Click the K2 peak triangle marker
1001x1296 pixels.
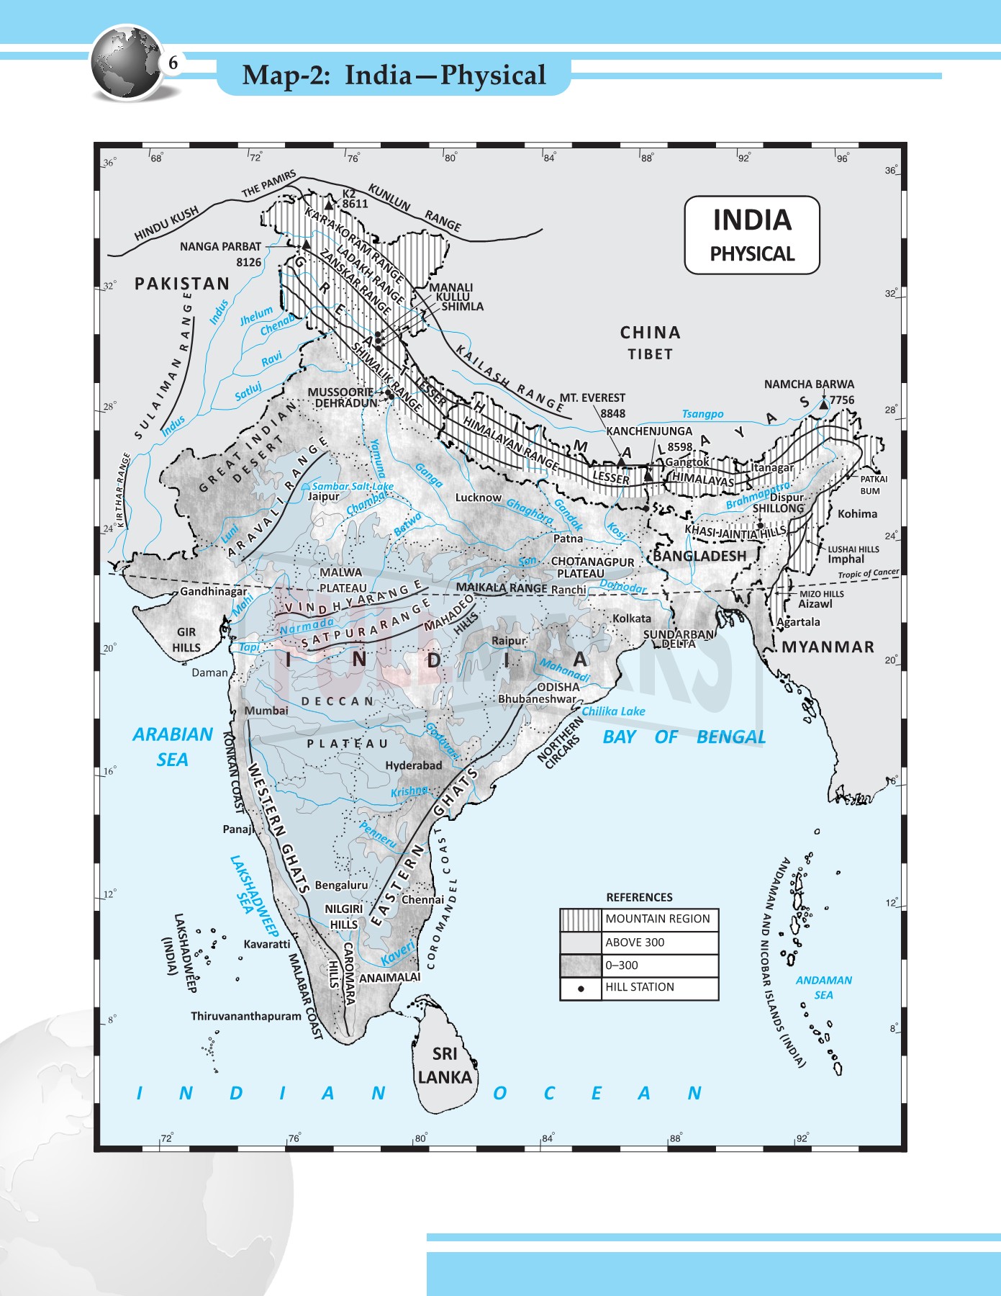tap(330, 204)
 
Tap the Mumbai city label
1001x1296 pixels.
tap(266, 711)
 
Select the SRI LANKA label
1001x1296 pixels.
tap(445, 1066)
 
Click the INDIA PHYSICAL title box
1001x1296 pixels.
tap(751, 235)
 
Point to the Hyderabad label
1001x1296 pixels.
tap(413, 765)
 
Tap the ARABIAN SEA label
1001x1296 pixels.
tap(173, 747)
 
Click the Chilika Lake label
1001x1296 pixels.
tap(613, 711)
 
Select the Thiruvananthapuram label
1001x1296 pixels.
tap(246, 1016)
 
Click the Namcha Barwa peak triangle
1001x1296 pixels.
tap(823, 405)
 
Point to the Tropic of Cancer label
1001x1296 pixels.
tap(868, 574)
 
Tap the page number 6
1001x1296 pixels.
tap(173, 63)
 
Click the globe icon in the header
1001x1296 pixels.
tap(127, 63)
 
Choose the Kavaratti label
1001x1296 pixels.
tap(267, 944)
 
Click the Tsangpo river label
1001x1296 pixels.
tap(702, 414)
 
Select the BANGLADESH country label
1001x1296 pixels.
tap(699, 556)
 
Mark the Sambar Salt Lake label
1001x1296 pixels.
tap(353, 486)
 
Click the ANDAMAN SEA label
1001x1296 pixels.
tap(823, 987)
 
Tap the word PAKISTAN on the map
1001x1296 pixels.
tap(182, 284)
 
